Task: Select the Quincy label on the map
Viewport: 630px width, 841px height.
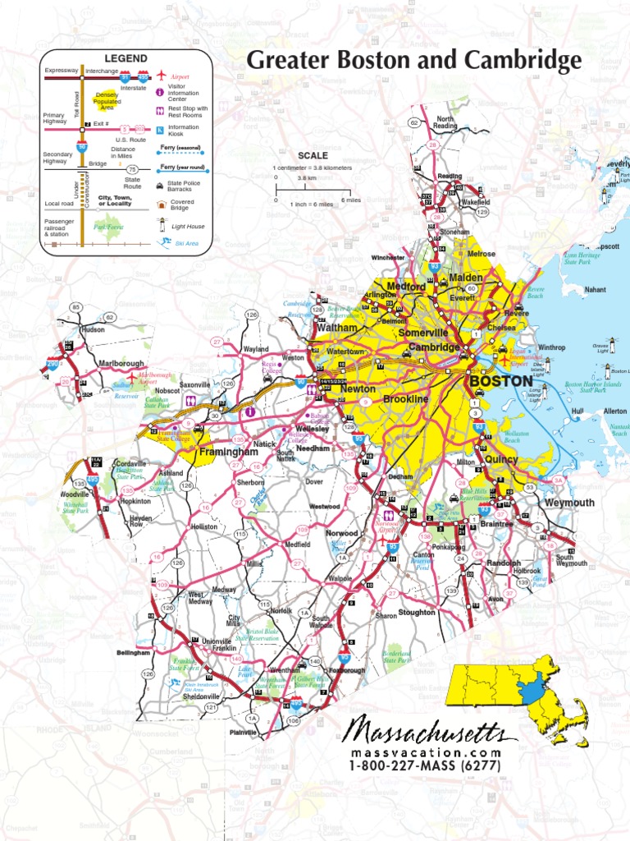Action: click(x=501, y=460)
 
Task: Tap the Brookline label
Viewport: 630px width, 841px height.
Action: click(x=406, y=399)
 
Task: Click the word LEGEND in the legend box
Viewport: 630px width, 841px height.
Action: click(x=125, y=59)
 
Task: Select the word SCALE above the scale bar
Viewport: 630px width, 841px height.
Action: click(x=313, y=155)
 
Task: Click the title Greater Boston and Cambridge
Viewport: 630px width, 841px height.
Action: click(x=414, y=60)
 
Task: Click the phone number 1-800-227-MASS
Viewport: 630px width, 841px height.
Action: click(x=424, y=767)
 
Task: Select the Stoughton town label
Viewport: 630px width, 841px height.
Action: click(x=417, y=613)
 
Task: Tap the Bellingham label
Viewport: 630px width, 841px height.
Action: click(x=133, y=653)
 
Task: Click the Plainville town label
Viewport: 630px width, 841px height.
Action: click(x=244, y=732)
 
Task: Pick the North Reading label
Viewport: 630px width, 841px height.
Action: click(x=445, y=122)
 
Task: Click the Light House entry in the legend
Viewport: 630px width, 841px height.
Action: click(x=188, y=226)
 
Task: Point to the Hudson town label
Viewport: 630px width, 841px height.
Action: click(x=93, y=329)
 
